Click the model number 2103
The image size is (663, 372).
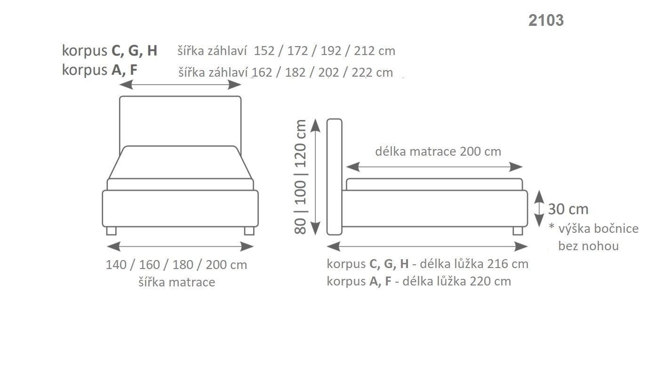(x=546, y=20)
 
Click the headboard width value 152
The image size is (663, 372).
(x=264, y=51)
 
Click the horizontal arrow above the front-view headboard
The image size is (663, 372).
(x=180, y=85)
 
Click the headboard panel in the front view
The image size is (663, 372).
(x=180, y=120)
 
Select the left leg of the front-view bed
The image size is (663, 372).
(x=111, y=230)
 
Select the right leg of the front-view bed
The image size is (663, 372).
(x=249, y=230)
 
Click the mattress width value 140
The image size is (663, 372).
(x=116, y=265)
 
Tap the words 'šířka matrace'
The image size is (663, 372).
(x=177, y=282)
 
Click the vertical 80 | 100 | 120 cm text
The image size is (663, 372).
(x=301, y=176)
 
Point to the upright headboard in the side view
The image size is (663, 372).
(x=334, y=176)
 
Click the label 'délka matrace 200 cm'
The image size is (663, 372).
(x=438, y=151)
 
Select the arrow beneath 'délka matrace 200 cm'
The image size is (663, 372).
(x=434, y=167)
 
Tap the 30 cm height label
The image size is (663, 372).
(x=568, y=209)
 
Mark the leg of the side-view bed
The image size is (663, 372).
(x=518, y=230)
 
